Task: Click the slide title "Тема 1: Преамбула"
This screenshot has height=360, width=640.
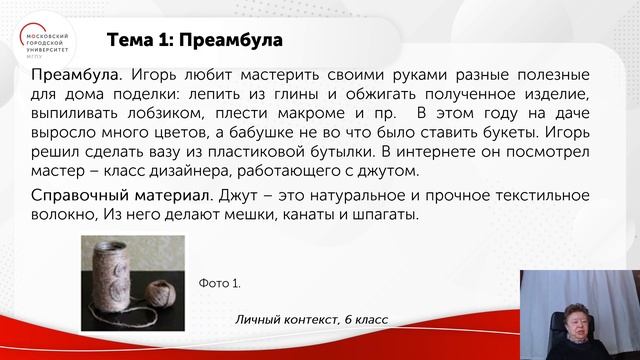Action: [194, 41]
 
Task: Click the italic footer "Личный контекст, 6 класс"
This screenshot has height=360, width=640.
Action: [311, 319]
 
